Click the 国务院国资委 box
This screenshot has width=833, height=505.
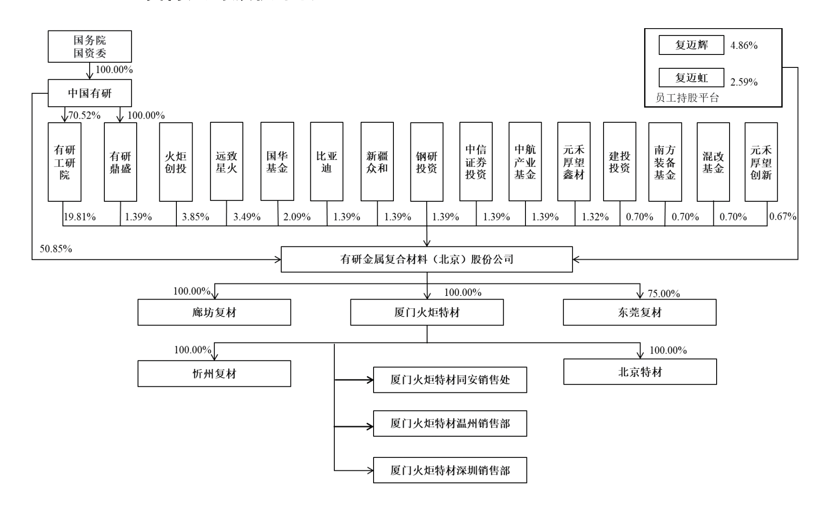(90, 47)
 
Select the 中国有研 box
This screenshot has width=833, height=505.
(90, 93)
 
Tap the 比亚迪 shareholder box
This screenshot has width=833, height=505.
(326, 162)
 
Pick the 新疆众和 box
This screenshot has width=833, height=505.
(377, 162)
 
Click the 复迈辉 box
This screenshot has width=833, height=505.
(691, 45)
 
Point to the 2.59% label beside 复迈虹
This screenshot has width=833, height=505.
(744, 82)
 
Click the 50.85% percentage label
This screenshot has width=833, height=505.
(56, 249)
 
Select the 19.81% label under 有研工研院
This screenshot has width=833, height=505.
(79, 216)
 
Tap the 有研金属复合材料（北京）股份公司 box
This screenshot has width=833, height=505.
(427, 259)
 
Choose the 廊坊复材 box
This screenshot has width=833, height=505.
(214, 313)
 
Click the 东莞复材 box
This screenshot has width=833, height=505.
(640, 313)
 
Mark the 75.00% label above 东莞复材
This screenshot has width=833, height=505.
(664, 294)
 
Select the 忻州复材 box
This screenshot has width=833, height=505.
(214, 373)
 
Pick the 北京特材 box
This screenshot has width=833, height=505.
(640, 372)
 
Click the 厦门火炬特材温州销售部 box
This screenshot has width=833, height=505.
(450, 423)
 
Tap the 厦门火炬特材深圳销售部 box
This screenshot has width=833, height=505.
(450, 470)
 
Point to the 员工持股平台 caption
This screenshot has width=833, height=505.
(687, 98)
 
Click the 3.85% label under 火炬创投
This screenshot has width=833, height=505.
(195, 216)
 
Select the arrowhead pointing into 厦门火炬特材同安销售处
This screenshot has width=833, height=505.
(370, 380)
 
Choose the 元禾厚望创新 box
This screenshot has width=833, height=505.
(761, 162)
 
